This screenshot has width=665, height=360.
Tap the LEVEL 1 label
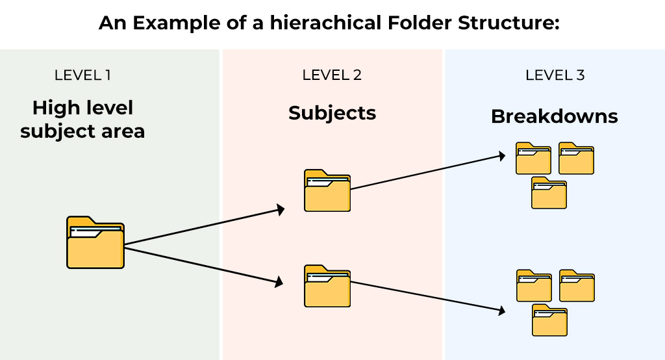82,75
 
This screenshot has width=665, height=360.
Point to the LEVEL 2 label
332,75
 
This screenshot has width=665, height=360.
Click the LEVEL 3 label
555,75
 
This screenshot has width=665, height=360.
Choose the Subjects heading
332,113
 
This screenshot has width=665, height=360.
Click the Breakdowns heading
554,116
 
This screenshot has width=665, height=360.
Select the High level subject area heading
82,120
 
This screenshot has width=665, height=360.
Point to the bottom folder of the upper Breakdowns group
549,193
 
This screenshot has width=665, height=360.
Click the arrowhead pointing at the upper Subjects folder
281,209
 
